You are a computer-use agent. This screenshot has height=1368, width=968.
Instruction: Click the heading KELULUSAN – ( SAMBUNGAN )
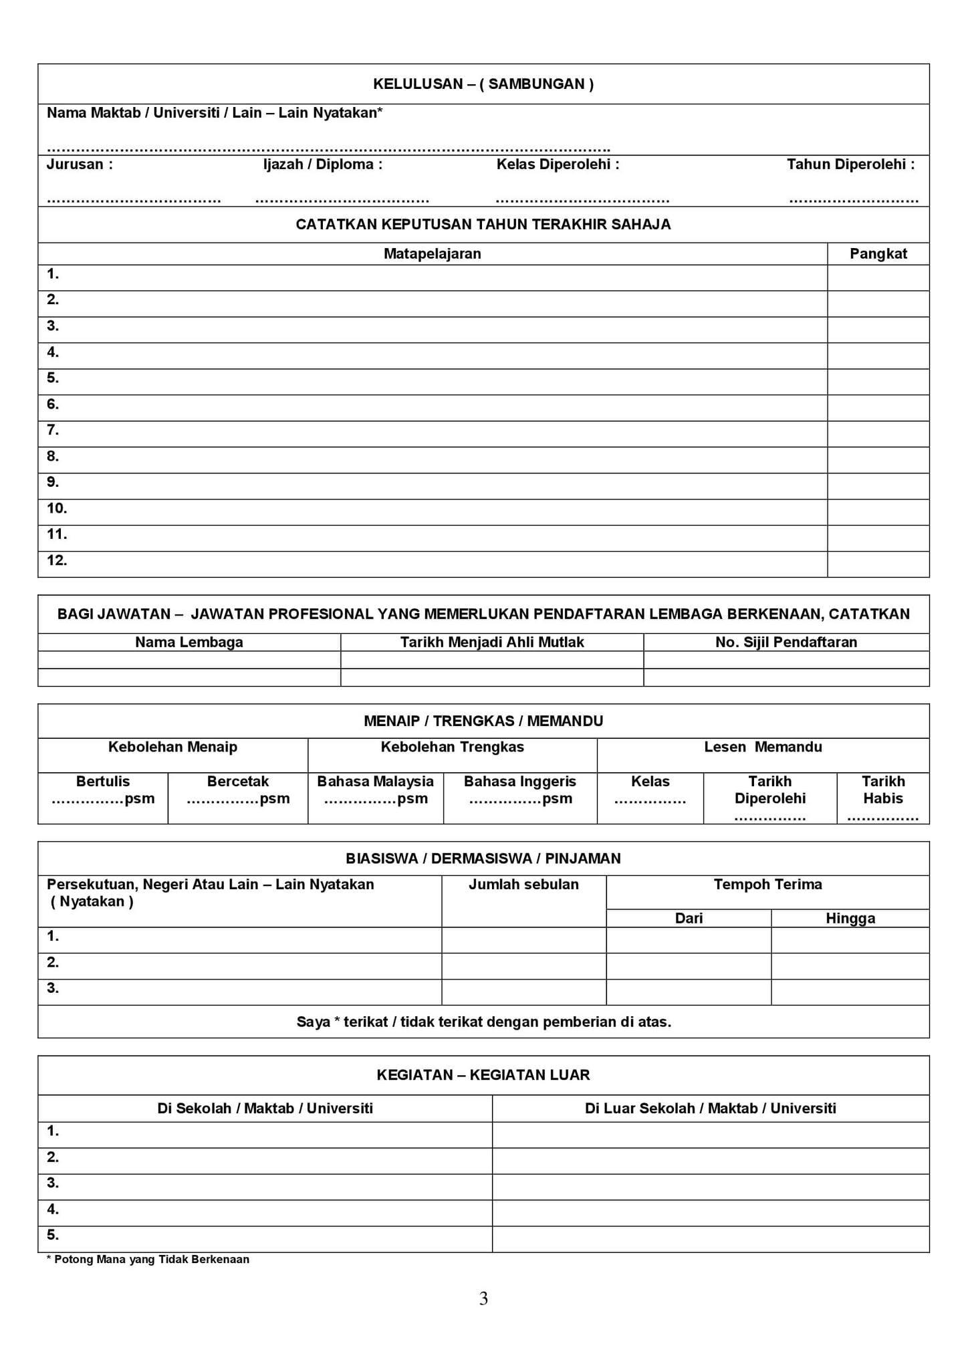[483, 84]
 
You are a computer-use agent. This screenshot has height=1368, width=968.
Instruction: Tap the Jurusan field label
[80, 164]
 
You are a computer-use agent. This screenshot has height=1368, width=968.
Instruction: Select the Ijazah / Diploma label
[323, 164]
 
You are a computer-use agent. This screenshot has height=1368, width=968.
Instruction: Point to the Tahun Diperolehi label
[850, 164]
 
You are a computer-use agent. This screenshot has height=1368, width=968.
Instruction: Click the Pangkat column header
[878, 254]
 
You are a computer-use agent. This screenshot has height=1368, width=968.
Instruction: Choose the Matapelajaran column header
[432, 254]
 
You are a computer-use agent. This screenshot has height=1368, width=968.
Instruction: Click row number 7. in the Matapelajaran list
[53, 431]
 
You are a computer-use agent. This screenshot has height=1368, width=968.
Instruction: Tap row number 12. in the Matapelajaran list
[57, 561]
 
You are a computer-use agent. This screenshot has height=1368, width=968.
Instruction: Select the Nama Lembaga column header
[189, 643]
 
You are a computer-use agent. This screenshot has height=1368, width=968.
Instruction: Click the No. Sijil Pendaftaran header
[785, 643]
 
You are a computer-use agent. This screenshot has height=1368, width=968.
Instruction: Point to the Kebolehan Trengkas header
[452, 748]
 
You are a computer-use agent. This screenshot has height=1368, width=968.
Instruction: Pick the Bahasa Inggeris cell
[519, 790]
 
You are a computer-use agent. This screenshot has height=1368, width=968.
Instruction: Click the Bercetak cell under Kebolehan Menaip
[237, 790]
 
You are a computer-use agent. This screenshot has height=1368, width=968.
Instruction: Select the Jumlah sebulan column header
[523, 885]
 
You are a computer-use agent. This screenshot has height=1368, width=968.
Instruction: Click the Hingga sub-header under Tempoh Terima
[850, 919]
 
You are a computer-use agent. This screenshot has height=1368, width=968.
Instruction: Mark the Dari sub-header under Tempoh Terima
[689, 919]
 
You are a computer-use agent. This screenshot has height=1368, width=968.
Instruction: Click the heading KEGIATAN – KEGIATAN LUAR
[483, 1075]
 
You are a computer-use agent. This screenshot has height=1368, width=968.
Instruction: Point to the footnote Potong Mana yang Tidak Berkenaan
[148, 1260]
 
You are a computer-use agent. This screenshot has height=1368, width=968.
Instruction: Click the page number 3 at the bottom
[483, 1299]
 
